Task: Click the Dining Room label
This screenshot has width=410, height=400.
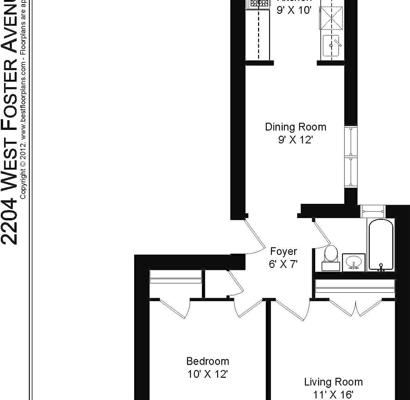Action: [x=296, y=127]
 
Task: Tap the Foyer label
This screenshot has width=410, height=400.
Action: [x=283, y=251]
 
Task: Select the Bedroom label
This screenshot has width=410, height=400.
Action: [x=207, y=361]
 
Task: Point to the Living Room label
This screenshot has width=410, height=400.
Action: [x=333, y=382]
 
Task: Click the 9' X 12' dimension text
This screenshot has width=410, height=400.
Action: [x=296, y=140]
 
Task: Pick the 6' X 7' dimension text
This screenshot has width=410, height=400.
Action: [x=283, y=265]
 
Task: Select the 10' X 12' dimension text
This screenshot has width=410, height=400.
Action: [x=207, y=374]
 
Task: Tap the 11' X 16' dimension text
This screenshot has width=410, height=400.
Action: [x=333, y=395]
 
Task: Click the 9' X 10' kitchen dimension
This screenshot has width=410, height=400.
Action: [x=294, y=10]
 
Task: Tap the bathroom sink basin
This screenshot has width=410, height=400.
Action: [x=354, y=262]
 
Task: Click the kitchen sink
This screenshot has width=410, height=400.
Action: [x=331, y=45]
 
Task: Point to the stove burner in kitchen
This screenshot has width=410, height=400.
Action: [x=258, y=3]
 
